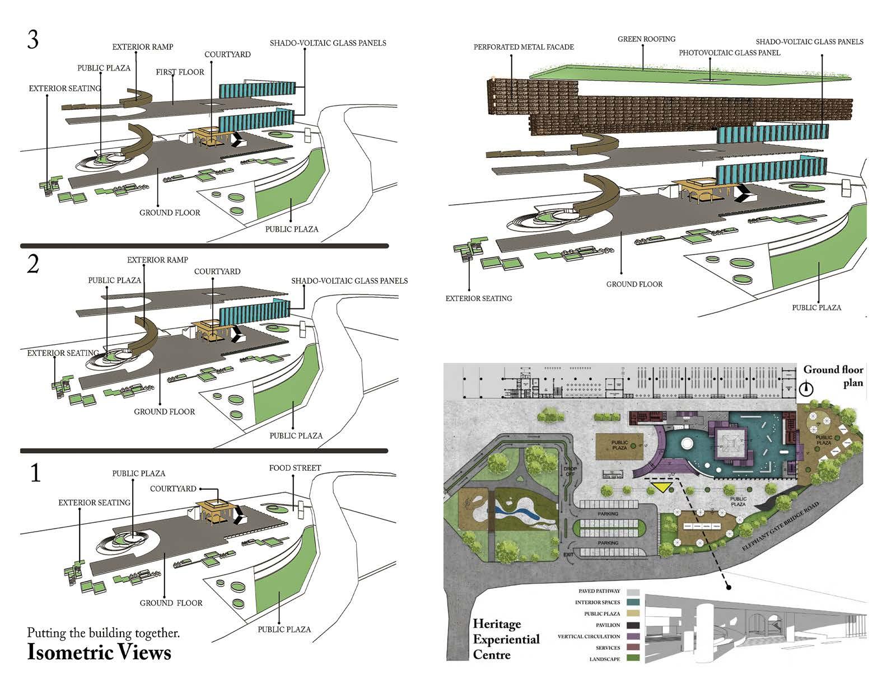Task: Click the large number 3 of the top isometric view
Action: click(x=33, y=40)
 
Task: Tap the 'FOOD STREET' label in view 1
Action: click(x=295, y=468)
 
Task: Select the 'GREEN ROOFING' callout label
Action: click(x=646, y=39)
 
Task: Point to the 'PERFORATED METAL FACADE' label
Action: click(x=524, y=47)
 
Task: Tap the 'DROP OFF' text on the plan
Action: click(x=571, y=471)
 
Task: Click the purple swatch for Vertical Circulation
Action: click(x=633, y=636)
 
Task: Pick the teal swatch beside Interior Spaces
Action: click(x=633, y=603)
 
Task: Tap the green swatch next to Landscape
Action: click(x=633, y=659)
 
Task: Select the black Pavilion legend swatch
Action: click(x=633, y=625)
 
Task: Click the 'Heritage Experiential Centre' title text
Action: click(x=506, y=639)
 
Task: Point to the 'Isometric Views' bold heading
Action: click(x=99, y=653)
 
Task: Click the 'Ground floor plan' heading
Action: click(x=833, y=376)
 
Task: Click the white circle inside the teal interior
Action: click(x=687, y=445)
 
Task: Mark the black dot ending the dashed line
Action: click(x=729, y=587)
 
